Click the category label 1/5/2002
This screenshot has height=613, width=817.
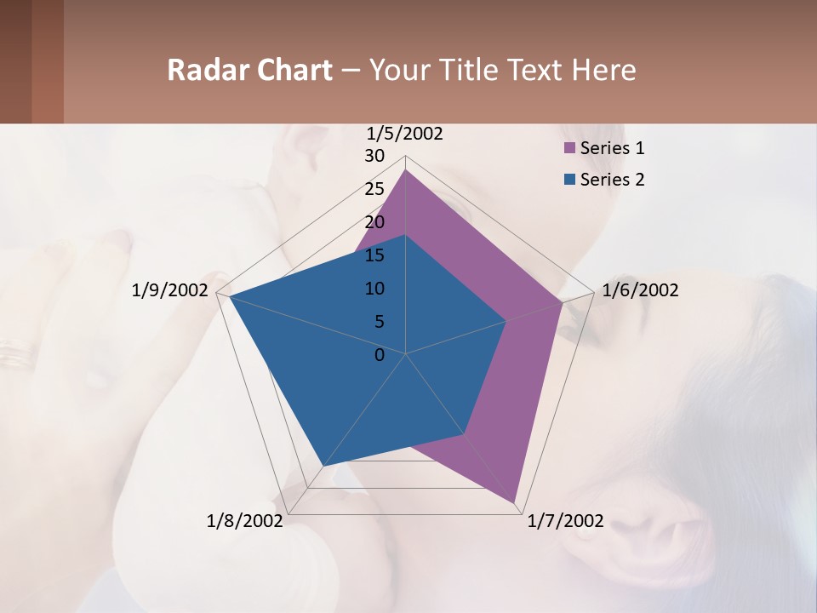(x=405, y=133)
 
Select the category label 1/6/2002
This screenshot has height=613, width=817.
(x=640, y=290)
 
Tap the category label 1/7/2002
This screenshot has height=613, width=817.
(x=566, y=521)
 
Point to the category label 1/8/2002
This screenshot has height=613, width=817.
(x=244, y=521)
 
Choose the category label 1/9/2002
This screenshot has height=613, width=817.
(x=170, y=290)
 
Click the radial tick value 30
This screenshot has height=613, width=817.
(x=374, y=156)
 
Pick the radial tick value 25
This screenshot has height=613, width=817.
(x=374, y=189)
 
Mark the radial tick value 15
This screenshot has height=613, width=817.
(x=374, y=255)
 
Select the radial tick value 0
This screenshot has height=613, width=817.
(x=380, y=355)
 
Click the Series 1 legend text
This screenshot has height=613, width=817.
(x=612, y=148)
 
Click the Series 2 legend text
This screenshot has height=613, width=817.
(x=612, y=180)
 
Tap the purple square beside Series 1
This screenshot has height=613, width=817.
(x=570, y=148)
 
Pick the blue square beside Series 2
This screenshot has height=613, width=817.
(x=570, y=180)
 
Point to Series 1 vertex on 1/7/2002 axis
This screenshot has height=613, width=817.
(x=515, y=503)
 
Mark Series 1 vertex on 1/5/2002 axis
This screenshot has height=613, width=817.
(x=406, y=169)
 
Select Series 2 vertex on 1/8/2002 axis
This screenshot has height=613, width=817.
(x=323, y=466)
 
